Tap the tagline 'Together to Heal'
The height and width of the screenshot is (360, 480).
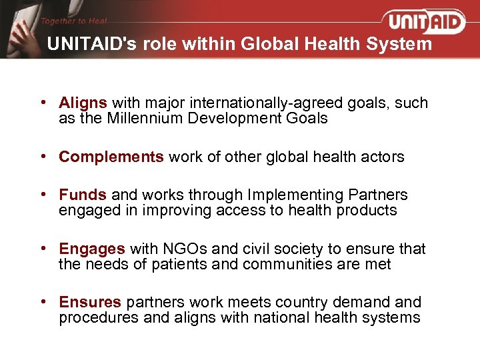[73, 21]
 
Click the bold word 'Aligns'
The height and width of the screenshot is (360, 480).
[83, 103]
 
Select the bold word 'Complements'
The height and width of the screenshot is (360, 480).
[111, 157]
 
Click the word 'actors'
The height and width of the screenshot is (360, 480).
[381, 157]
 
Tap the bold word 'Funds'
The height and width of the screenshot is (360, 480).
[83, 195]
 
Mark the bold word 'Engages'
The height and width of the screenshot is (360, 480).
[92, 249]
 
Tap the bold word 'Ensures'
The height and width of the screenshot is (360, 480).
[90, 302]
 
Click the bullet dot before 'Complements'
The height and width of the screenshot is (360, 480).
[43, 157]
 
